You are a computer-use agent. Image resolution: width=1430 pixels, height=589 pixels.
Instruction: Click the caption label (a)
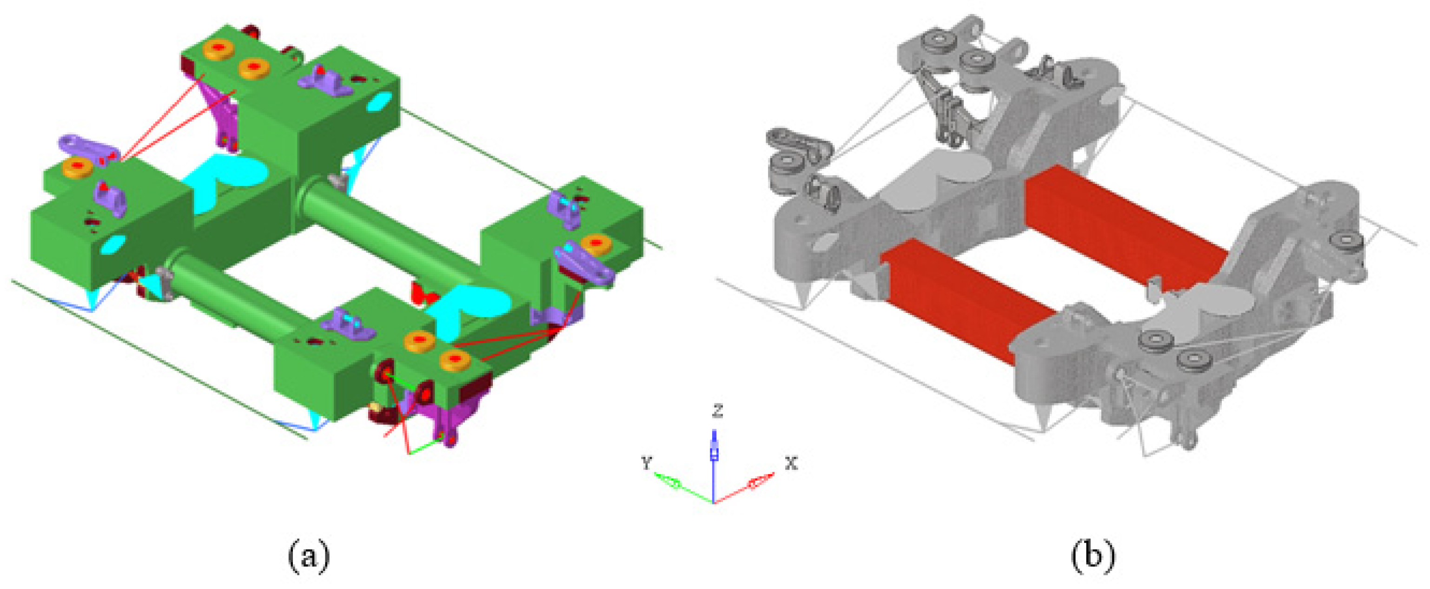[309, 556]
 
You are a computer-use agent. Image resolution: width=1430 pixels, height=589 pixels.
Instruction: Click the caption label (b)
[1092, 556]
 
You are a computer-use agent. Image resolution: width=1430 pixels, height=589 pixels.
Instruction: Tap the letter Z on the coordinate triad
[718, 411]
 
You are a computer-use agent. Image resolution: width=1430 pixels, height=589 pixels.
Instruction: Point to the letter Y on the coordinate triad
[646, 462]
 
